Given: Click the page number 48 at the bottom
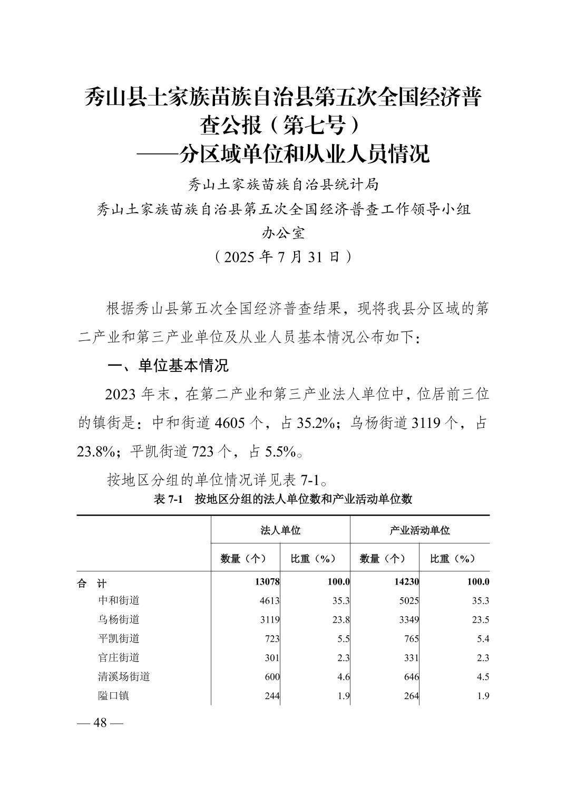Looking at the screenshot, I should coord(100,723).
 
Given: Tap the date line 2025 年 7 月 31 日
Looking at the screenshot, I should coord(283,257).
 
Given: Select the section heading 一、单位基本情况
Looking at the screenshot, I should coord(168,366).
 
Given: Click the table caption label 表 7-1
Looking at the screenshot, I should coord(168,499).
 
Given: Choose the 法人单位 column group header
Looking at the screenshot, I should coord(280,530).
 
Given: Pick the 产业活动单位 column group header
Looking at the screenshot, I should coord(419,530).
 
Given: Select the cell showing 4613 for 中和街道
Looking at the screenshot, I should coord(270,600).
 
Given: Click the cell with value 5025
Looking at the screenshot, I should coord(409,600).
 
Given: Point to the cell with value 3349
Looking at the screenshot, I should coord(409,619).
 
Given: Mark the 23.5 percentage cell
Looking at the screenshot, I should coord(481,619).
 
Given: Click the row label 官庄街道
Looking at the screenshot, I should coord(119,657).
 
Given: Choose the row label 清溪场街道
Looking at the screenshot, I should coord(124,676).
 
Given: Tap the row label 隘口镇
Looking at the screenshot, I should coord(113,695).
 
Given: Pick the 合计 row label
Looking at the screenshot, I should coord(92,583).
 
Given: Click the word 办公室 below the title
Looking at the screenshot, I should coord(283,233).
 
